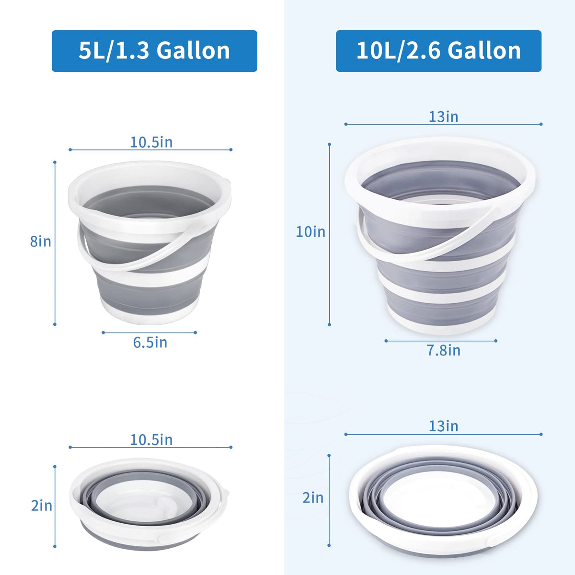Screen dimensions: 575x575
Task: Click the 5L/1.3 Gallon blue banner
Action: pyautogui.click(x=154, y=51)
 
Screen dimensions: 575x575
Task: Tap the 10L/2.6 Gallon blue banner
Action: pyautogui.click(x=438, y=51)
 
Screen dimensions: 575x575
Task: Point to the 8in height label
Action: pyautogui.click(x=41, y=241)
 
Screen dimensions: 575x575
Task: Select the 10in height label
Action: pyautogui.click(x=310, y=232)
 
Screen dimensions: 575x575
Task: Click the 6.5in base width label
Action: pyautogui.click(x=150, y=342)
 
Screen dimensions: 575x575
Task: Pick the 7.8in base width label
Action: pyautogui.click(x=444, y=350)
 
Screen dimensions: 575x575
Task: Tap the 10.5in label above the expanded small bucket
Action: pyautogui.click(x=151, y=142)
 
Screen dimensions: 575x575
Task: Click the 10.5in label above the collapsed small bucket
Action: pyautogui.click(x=151, y=439)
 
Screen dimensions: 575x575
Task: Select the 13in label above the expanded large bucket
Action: pyautogui.click(x=443, y=116)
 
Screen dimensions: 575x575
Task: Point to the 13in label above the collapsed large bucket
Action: pyautogui.click(x=443, y=426)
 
